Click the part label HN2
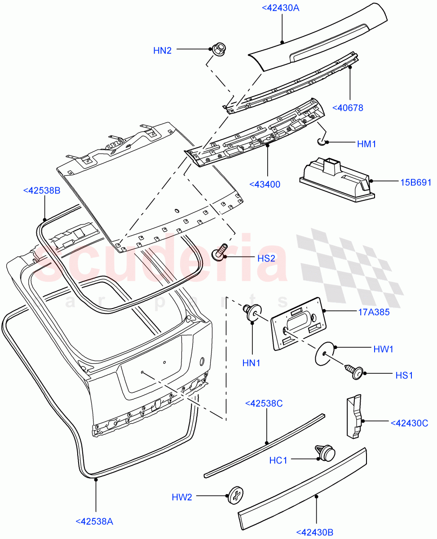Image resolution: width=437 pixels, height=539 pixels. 162,51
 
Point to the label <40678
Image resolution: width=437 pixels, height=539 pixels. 348,108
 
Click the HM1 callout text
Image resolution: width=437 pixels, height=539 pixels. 366,144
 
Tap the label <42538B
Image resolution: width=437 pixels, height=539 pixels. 41,190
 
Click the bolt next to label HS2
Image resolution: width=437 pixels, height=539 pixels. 221,251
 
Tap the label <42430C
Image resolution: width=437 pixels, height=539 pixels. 409,423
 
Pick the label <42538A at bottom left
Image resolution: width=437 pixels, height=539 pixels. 94,521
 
